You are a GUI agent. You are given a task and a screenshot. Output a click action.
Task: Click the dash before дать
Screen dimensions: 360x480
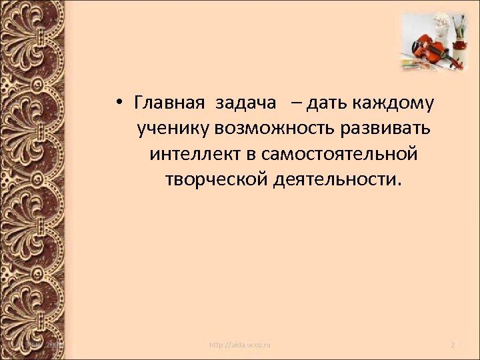point(295,104)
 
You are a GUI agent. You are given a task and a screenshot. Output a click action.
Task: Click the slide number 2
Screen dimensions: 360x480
point(453,345)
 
